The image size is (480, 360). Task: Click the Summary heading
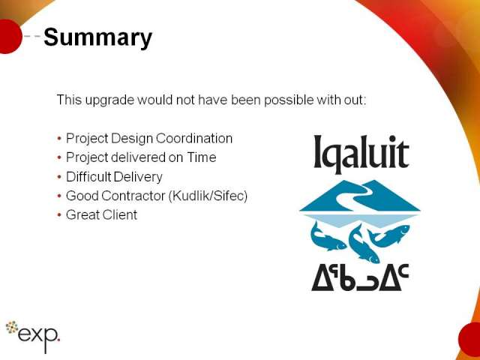pyautogui.click(x=98, y=37)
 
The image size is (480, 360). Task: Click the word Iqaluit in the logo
pyautogui.click(x=361, y=154)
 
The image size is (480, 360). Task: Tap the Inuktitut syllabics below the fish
pyautogui.click(x=360, y=277)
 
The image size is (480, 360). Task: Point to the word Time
pyautogui.click(x=202, y=157)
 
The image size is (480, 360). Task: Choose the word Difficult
pyautogui.click(x=88, y=177)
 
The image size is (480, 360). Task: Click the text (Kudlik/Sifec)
pyautogui.click(x=208, y=196)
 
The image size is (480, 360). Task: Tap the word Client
pyautogui.click(x=119, y=214)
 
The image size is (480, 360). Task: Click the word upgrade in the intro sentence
pyautogui.click(x=109, y=100)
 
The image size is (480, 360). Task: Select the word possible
pyautogui.click(x=289, y=100)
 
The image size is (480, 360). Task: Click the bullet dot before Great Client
pyautogui.click(x=59, y=215)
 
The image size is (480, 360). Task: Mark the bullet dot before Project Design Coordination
pyautogui.click(x=59, y=139)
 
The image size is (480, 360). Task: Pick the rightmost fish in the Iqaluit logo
pyautogui.click(x=389, y=235)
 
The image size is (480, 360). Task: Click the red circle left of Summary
pyautogui.click(x=10, y=37)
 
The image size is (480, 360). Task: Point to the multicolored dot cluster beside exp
pyautogui.click(x=12, y=327)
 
